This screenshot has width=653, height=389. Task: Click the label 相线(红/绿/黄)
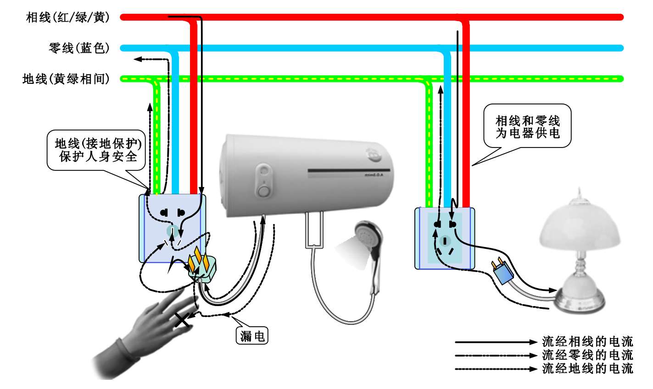tap(68, 18)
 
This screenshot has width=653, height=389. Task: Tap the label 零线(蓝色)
tap(79, 48)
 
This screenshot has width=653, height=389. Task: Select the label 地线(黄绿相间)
tap(66, 79)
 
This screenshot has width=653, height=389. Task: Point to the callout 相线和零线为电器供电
tap(528, 127)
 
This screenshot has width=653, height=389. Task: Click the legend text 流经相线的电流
tap(587, 342)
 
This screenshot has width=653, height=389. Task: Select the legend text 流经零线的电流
tap(587, 355)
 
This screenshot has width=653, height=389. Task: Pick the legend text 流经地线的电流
tap(587, 368)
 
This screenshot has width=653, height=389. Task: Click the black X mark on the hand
tap(182, 320)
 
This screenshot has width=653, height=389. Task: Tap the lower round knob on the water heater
tap(263, 190)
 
